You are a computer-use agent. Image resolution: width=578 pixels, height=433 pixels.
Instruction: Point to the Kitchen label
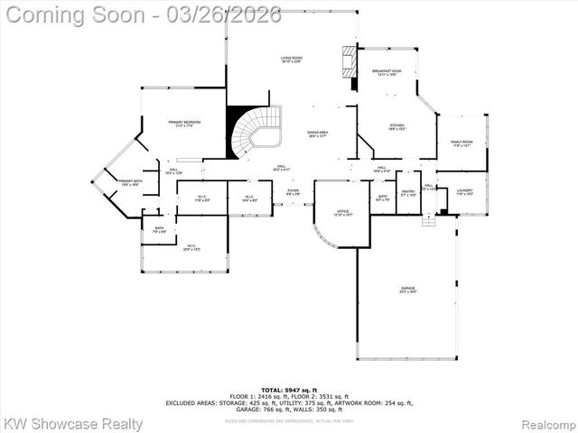pyautogui.click(x=396, y=127)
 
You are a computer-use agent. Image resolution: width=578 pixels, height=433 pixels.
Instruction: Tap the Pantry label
pyautogui.click(x=408, y=193)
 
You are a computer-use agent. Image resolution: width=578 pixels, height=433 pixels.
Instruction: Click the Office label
pyautogui.click(x=343, y=214)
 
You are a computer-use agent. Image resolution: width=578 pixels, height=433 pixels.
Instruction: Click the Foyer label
pyautogui.click(x=293, y=192)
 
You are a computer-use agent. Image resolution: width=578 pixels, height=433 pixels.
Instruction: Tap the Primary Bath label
pyautogui.click(x=130, y=182)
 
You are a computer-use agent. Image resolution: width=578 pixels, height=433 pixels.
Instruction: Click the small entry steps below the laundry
pyautogui.click(x=429, y=220)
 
